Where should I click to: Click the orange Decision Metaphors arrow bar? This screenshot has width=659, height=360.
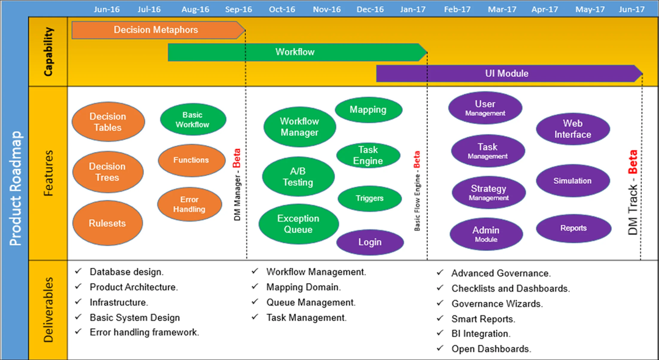[x=156, y=29]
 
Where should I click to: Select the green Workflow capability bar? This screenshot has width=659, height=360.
[x=295, y=52]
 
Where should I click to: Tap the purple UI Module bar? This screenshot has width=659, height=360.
[x=507, y=73]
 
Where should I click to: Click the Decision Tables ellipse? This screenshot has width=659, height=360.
[x=108, y=122]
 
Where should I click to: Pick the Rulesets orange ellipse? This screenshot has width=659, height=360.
[x=107, y=223]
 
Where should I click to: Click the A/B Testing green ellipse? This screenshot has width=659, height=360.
[x=298, y=176]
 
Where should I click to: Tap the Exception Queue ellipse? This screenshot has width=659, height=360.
[x=298, y=224]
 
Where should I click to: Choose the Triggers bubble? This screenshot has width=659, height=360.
[x=370, y=198]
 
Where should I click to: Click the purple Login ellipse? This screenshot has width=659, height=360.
[x=370, y=242]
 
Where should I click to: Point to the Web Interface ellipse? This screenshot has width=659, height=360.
[x=572, y=129]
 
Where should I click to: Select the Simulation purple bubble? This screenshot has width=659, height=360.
[x=572, y=181]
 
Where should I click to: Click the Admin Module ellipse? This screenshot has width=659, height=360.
[x=486, y=234]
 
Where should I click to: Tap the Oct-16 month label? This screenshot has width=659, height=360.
[x=282, y=9]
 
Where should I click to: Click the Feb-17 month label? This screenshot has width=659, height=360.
[x=458, y=9]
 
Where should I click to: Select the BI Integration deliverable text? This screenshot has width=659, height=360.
[x=481, y=334]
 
